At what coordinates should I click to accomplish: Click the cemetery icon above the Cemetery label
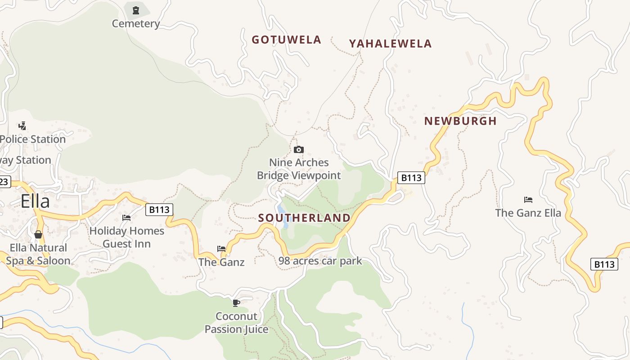pyautogui.click(x=136, y=9)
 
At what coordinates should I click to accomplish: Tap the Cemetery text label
pyautogui.click(x=136, y=23)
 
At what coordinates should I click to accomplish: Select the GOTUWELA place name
pyautogui.click(x=286, y=40)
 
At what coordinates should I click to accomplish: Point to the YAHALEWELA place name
pyautogui.click(x=390, y=44)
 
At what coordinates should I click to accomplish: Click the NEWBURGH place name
pyautogui.click(x=460, y=121)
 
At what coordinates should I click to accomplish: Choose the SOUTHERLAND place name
pyautogui.click(x=304, y=218)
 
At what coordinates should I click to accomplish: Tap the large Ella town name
pyautogui.click(x=35, y=201)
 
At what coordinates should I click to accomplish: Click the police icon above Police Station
pyautogui.click(x=22, y=126)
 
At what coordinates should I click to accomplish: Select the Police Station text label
pyautogui.click(x=33, y=139)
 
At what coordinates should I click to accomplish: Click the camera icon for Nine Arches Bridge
pyautogui.click(x=299, y=149)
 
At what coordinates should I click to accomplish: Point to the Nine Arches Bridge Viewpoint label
pyautogui.click(x=299, y=169)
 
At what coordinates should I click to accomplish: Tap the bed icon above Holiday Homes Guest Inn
pyautogui.click(x=126, y=218)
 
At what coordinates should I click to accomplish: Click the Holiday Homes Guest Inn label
pyautogui.click(x=127, y=237)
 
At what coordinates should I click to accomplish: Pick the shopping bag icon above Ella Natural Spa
pyautogui.click(x=38, y=234)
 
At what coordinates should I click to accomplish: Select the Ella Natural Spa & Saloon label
pyautogui.click(x=38, y=254)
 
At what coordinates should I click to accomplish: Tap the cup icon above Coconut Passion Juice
pyautogui.click(x=236, y=303)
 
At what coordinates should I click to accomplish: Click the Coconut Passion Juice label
pyautogui.click(x=236, y=323)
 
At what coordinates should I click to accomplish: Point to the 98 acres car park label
pyautogui.click(x=320, y=261)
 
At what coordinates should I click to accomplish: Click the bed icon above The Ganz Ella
pyautogui.click(x=528, y=199)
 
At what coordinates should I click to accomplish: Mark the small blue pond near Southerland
pyautogui.click(x=282, y=210)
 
